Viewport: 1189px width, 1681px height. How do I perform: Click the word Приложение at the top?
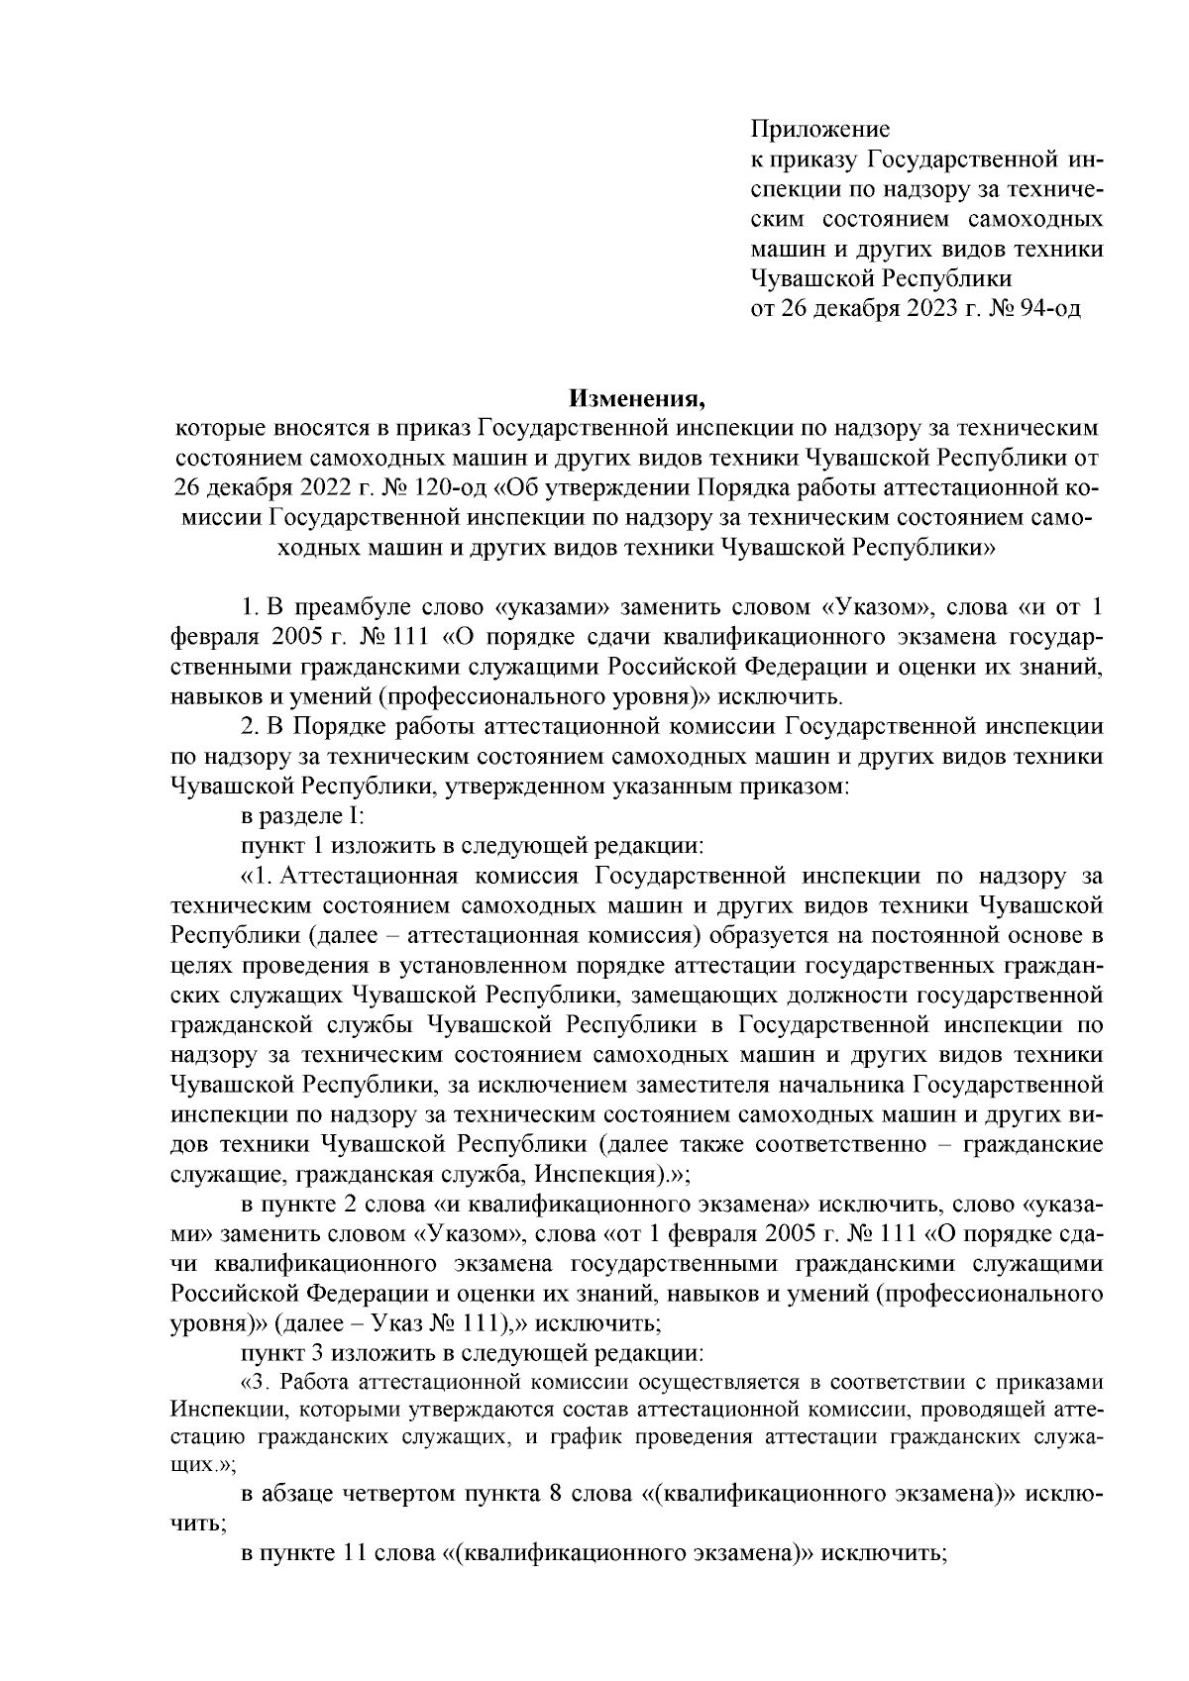tap(820, 129)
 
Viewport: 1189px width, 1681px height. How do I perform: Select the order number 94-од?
tap(1049, 308)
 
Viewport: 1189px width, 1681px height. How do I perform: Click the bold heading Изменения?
tap(635, 399)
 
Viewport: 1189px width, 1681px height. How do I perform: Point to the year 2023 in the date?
tap(927, 308)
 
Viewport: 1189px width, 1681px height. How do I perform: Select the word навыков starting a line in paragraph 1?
tap(210, 695)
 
